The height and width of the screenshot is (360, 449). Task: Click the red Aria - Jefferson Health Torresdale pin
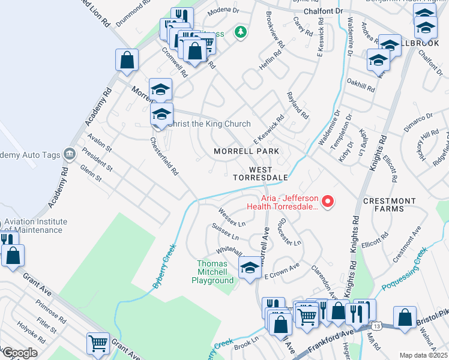(328, 202)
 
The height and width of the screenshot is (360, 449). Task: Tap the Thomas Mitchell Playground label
(215, 272)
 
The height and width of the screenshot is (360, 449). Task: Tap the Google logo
(19, 352)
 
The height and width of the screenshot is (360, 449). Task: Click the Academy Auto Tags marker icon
(70, 155)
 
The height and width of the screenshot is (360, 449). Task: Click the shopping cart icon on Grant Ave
(98, 344)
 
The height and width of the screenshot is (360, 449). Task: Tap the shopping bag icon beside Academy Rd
(127, 60)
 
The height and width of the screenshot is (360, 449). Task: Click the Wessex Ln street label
(232, 217)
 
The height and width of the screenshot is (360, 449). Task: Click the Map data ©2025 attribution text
(423, 355)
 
